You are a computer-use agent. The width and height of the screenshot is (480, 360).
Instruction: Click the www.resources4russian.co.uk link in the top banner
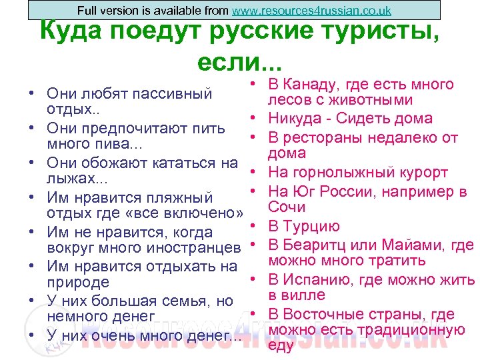(x=311, y=11)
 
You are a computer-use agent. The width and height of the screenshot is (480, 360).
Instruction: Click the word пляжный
(x=180, y=197)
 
